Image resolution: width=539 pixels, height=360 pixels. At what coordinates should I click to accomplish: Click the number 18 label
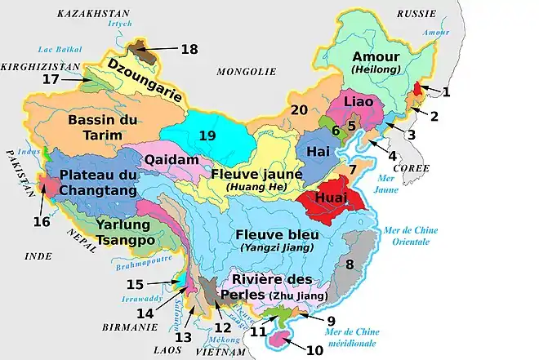tap(189, 50)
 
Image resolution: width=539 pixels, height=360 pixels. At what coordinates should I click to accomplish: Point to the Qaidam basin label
tap(171, 161)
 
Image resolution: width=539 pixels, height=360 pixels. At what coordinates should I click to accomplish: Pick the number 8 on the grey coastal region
tap(350, 264)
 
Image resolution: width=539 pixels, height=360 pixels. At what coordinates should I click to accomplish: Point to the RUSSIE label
tap(416, 14)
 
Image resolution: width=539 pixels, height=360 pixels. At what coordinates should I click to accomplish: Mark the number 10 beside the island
tap(314, 351)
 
